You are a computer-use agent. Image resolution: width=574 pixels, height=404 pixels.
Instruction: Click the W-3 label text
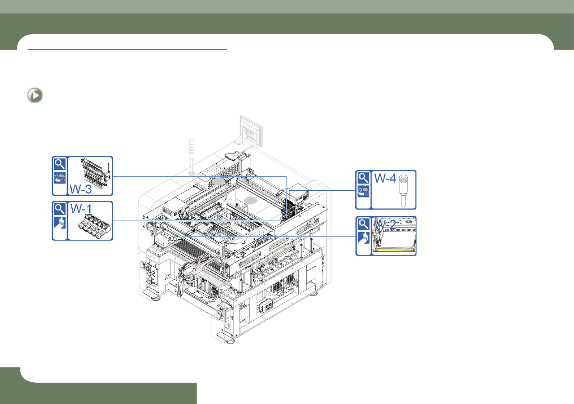[80, 189]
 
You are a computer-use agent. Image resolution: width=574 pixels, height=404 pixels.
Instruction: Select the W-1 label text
[81, 209]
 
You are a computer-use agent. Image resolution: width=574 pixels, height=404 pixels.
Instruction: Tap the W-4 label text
[385, 178]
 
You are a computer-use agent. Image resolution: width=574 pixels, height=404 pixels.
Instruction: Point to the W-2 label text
[385, 224]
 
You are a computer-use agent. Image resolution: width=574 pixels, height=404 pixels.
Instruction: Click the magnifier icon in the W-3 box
[60, 164]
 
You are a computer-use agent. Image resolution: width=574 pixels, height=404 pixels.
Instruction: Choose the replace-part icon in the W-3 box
[60, 178]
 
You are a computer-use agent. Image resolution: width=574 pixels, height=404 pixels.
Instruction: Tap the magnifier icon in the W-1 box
[60, 209]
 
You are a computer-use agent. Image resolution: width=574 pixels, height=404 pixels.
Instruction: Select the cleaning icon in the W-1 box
[60, 222]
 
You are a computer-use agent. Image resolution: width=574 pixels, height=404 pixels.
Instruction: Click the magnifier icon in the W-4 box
[363, 178]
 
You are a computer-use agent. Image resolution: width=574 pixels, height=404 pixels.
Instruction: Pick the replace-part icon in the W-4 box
[363, 192]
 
